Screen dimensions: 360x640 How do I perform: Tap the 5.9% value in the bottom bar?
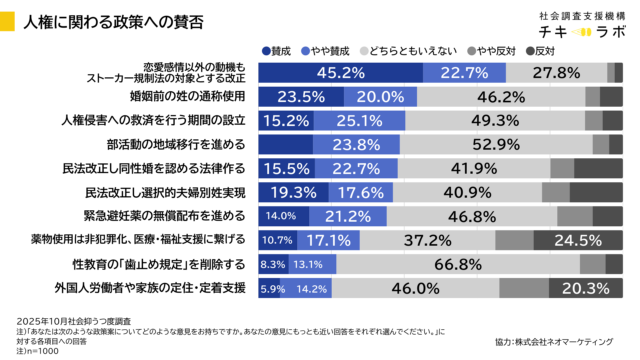pyautogui.click(x=271, y=288)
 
